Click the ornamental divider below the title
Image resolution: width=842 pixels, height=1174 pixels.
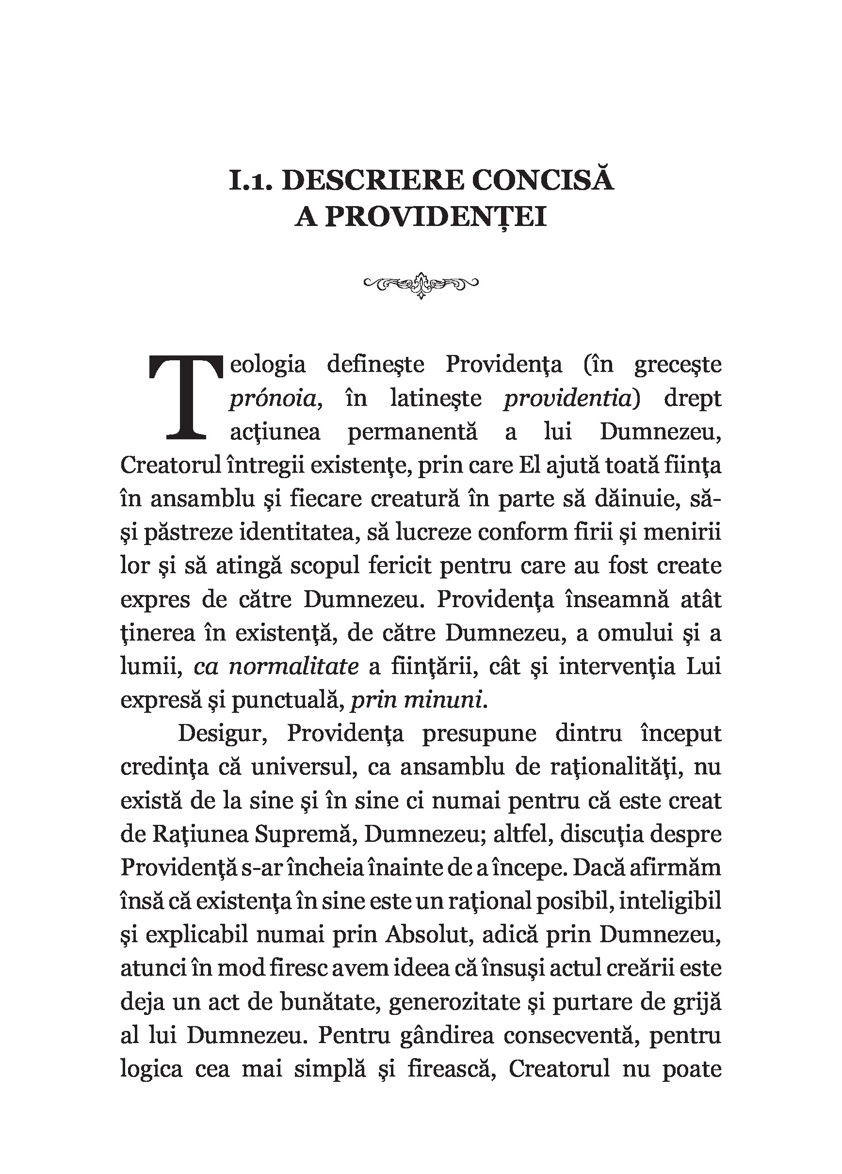coord(421,284)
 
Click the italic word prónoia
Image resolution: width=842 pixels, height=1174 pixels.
coord(274,399)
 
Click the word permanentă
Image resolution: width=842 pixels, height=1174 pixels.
coord(412,432)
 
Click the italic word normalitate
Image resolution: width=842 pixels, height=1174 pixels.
coord(293,666)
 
